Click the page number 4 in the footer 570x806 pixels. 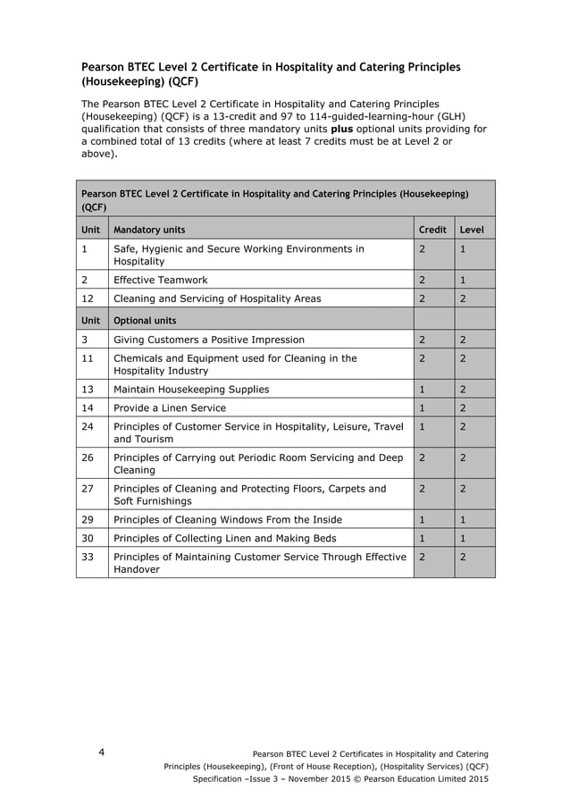click(101, 752)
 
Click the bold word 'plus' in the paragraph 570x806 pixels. click(342, 129)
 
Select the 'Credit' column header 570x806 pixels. click(432, 230)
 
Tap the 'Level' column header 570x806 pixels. click(471, 230)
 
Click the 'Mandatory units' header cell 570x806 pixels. click(149, 230)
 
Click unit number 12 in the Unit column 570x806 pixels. click(88, 298)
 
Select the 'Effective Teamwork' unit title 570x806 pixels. click(160, 280)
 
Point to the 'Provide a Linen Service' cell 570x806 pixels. click(170, 407)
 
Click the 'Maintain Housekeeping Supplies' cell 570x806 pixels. click(191, 389)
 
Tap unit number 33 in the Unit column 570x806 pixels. click(88, 556)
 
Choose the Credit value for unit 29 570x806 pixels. click(422, 519)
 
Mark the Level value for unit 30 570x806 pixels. click(463, 538)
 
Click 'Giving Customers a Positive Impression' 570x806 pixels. click(209, 340)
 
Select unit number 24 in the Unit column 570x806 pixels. click(88, 426)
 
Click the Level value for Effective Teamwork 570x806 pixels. click(463, 280)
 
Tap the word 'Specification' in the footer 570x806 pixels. click(222, 778)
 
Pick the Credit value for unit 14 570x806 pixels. click(422, 407)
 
